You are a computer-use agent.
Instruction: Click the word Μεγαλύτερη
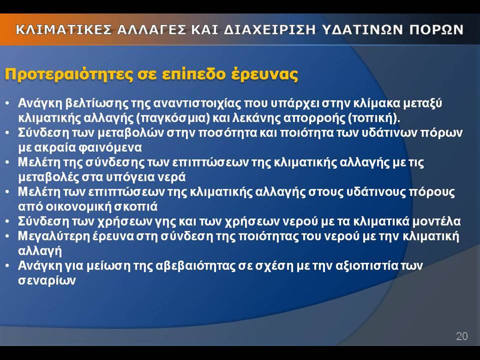51,236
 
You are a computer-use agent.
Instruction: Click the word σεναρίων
47,280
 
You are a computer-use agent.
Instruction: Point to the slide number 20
462,336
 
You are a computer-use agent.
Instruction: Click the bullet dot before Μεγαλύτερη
7,237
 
